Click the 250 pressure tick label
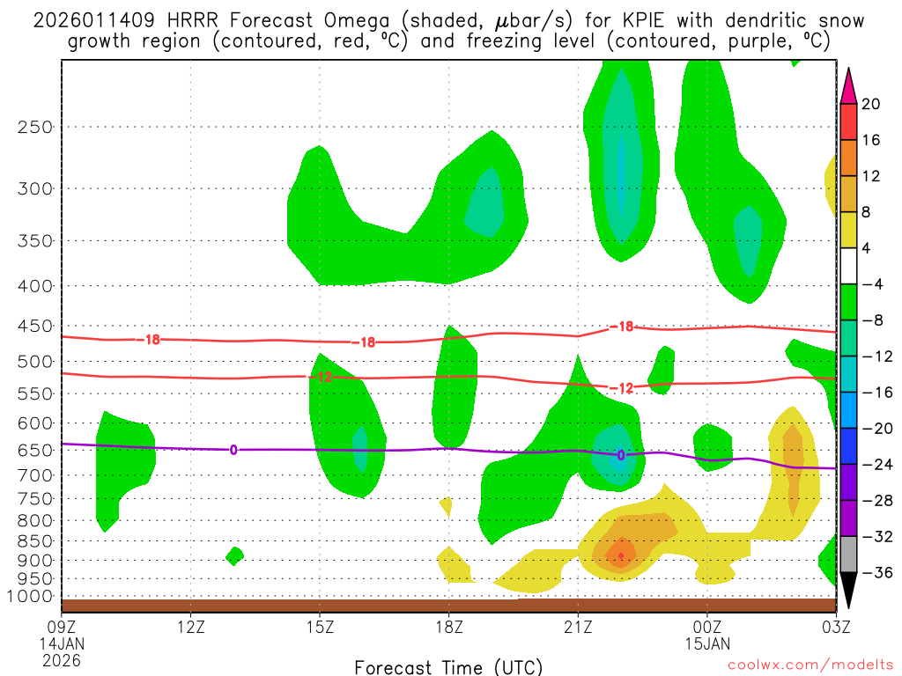click(34, 127)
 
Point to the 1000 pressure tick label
click(31, 597)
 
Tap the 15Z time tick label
click(320, 627)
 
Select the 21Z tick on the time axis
click(578, 627)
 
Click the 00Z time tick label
click(707, 627)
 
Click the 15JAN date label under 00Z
click(707, 643)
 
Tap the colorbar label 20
click(871, 104)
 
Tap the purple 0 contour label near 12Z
click(233, 450)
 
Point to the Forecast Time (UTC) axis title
click(448, 666)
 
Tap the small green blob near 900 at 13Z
click(234, 555)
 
